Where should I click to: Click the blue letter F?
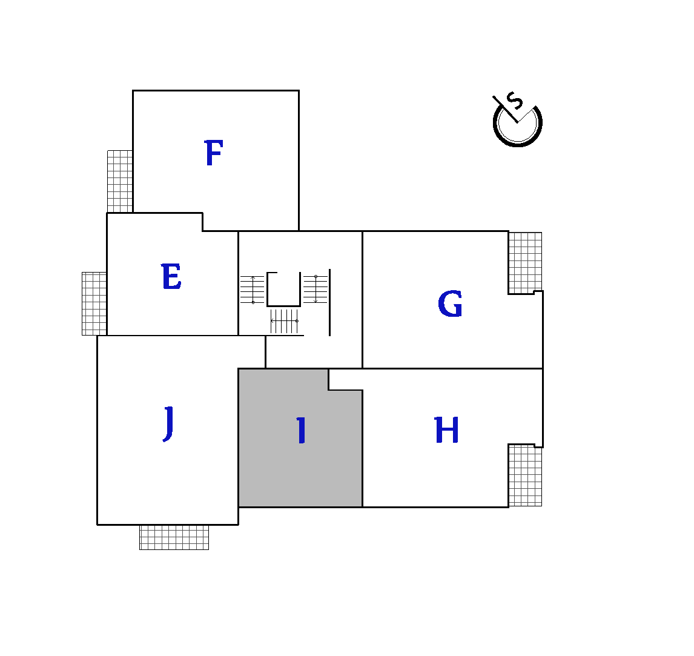pyautogui.click(x=214, y=153)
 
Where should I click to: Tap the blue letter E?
pyautogui.click(x=171, y=276)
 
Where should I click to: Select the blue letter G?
pyautogui.click(x=450, y=303)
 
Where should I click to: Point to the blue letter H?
pyautogui.click(x=446, y=430)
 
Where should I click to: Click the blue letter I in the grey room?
pyautogui.click(x=302, y=430)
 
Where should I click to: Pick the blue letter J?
pyautogui.click(x=168, y=423)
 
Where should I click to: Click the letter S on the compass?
pyautogui.click(x=515, y=101)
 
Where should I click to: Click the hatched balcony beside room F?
pyautogui.click(x=120, y=182)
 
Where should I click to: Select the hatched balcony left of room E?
pyautogui.click(x=94, y=303)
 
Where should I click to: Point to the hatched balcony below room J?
pyautogui.click(x=174, y=537)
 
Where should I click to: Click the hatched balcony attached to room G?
pyautogui.click(x=526, y=263)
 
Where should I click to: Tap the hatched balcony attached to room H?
pyautogui.click(x=526, y=475)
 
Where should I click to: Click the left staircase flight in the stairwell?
pyautogui.click(x=253, y=290)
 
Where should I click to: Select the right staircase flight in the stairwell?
pyautogui.click(x=315, y=289)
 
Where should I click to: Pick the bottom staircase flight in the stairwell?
pyautogui.click(x=285, y=321)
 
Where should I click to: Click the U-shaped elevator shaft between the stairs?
pyautogui.click(x=283, y=305)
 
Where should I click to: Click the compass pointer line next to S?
pyautogui.click(x=505, y=109)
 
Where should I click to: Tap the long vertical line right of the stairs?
pyautogui.click(x=329, y=302)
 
